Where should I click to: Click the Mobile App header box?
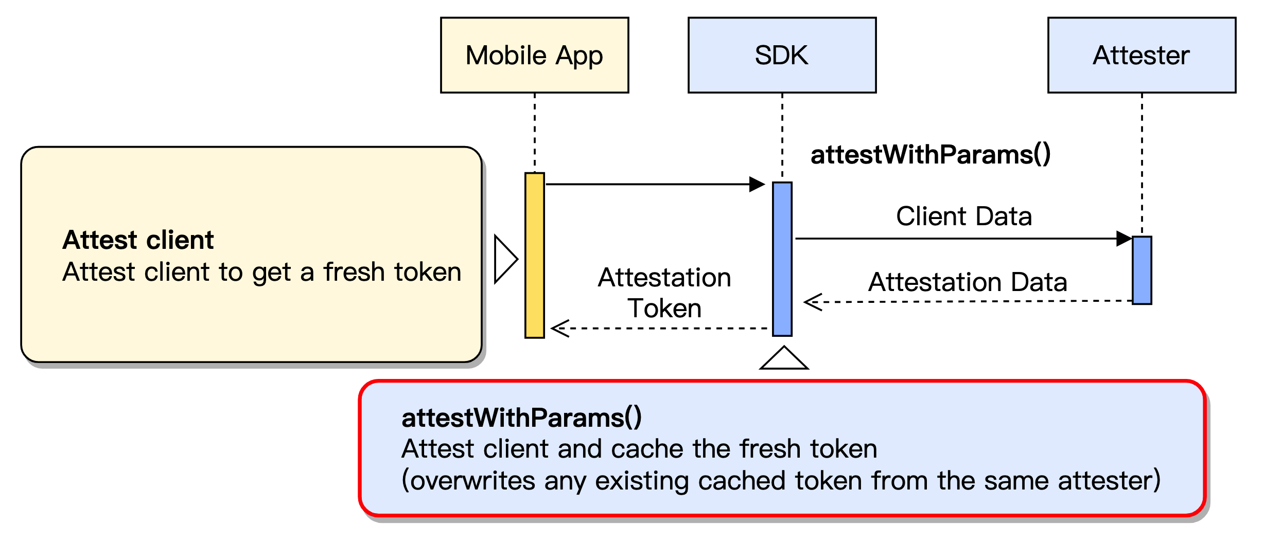(x=534, y=55)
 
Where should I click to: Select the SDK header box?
(x=782, y=55)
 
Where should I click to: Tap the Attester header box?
(x=1142, y=55)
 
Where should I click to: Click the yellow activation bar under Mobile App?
(x=534, y=255)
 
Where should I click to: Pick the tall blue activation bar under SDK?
(x=782, y=259)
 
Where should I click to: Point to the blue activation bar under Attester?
(x=1142, y=270)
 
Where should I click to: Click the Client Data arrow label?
(x=964, y=216)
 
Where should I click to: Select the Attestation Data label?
(x=968, y=282)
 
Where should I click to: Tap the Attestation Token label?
(x=664, y=293)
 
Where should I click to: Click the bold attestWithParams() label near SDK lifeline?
(x=931, y=154)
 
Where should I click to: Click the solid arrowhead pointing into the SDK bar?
(x=757, y=184)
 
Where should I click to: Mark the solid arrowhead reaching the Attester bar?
(x=1124, y=239)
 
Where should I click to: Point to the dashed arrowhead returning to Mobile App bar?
(x=560, y=328)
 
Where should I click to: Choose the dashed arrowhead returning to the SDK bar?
(x=813, y=302)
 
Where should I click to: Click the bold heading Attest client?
(x=138, y=240)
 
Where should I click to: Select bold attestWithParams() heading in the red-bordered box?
(x=521, y=418)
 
